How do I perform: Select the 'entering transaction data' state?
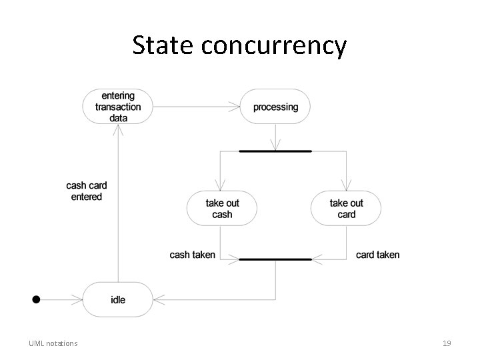click(x=117, y=107)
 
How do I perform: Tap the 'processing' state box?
click(x=275, y=107)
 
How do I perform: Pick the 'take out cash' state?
click(x=222, y=209)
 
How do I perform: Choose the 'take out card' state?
click(x=347, y=209)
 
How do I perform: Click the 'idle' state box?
click(x=117, y=300)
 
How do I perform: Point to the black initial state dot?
click(x=36, y=300)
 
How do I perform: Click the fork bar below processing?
click(x=275, y=151)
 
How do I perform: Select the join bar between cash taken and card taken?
click(x=275, y=258)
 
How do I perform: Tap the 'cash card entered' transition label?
click(x=87, y=191)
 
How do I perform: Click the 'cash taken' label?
click(x=193, y=255)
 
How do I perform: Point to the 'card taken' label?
click(x=378, y=255)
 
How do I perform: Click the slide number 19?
click(x=447, y=343)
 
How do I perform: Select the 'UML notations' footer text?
click(x=53, y=343)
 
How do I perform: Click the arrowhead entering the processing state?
click(x=235, y=107)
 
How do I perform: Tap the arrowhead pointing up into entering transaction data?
click(x=117, y=129)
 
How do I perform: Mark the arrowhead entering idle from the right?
click(x=157, y=300)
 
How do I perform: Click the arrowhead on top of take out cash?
click(x=222, y=187)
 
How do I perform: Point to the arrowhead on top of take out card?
click(x=347, y=187)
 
